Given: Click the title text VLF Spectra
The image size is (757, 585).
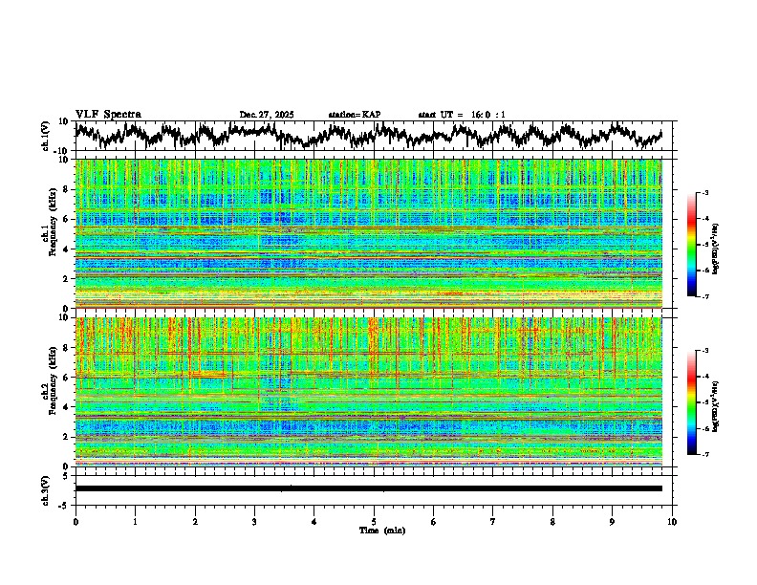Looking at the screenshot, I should (x=108, y=114).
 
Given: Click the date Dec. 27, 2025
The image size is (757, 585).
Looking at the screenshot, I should (x=267, y=115).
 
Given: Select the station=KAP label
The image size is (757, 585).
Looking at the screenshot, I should (x=355, y=115).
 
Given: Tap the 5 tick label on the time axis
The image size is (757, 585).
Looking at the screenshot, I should (x=374, y=522).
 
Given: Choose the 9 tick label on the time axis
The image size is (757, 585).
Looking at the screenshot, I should (x=613, y=522).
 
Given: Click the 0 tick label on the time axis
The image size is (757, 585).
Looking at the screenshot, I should (x=76, y=522).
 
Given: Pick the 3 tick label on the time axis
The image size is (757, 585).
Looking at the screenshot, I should (x=254, y=522).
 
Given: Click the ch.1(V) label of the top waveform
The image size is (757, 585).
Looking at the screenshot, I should (x=47, y=136).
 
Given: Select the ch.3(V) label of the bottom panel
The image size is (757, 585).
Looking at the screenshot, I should (x=47, y=487).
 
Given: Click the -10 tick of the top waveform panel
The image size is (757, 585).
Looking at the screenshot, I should (x=62, y=151).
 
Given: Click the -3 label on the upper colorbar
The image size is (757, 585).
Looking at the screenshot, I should (x=704, y=193).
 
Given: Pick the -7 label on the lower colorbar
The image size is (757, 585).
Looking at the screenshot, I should (x=704, y=454).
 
